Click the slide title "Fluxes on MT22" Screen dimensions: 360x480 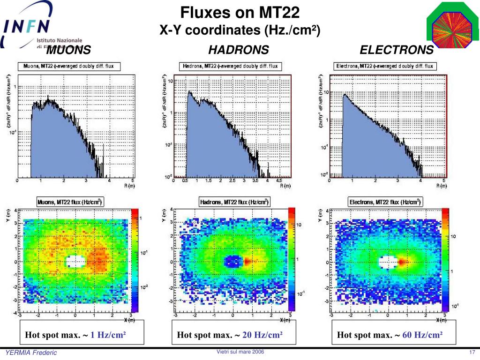[x=240, y=12]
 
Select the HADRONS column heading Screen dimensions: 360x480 [x=239, y=50]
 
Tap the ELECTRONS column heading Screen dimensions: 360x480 [x=397, y=50]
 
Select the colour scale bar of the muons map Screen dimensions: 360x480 [x=135, y=260]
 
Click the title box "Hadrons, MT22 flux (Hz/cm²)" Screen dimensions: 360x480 [x=234, y=202]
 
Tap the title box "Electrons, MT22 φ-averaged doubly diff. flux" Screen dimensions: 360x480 [x=385, y=66]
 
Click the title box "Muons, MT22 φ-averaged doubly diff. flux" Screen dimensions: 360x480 [x=69, y=66]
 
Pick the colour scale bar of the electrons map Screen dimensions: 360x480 [x=445, y=260]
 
